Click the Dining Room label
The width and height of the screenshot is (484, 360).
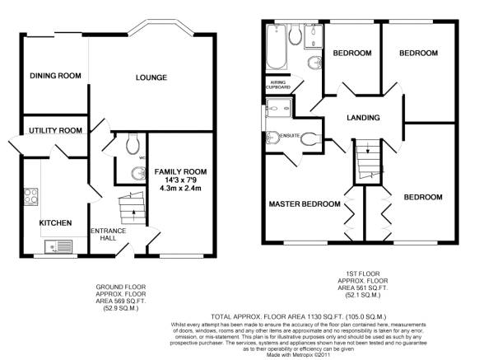56,76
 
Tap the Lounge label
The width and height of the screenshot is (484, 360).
151,77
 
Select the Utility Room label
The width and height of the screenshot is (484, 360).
56,130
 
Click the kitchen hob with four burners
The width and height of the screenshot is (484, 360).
31,197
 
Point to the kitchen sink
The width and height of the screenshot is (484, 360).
58,247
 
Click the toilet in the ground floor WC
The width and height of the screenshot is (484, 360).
133,143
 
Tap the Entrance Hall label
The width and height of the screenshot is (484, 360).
109,235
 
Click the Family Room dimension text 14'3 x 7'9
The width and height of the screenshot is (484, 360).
180,180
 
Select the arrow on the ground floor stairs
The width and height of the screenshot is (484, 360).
133,215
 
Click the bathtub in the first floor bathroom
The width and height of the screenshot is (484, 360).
277,47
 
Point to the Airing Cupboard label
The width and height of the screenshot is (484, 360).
278,85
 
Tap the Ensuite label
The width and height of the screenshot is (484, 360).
290,136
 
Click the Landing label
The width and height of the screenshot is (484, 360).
363,118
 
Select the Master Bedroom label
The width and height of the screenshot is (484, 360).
305,204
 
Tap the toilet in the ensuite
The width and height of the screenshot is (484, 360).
311,138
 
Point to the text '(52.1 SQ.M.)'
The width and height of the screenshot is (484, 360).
363,295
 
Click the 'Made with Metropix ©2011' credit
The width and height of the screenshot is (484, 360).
299,355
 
